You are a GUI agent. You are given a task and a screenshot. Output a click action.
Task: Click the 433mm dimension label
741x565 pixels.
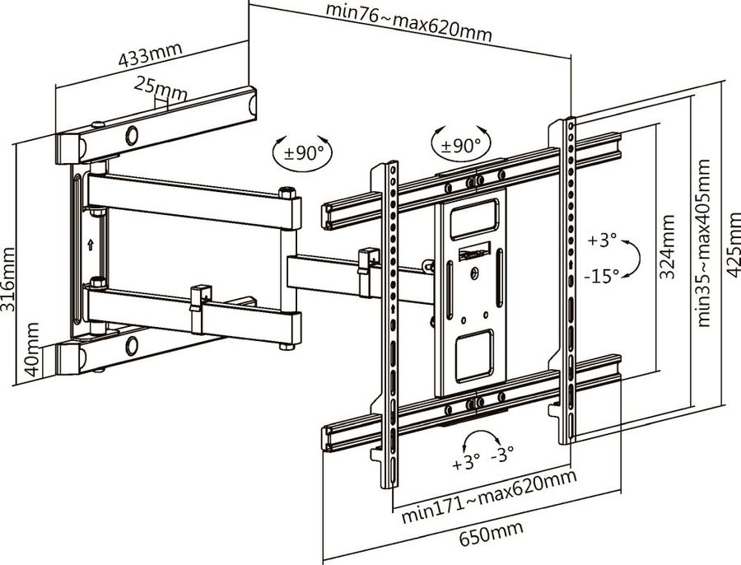151,55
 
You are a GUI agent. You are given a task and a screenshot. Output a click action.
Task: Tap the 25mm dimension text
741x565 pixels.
161,88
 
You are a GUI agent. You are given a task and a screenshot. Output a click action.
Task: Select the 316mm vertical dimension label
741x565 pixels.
7,279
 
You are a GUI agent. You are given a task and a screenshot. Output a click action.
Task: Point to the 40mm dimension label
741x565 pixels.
32,349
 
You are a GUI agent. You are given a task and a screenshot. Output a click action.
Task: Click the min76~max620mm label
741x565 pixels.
409,23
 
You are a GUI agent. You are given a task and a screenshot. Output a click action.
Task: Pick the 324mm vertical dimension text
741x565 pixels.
667,247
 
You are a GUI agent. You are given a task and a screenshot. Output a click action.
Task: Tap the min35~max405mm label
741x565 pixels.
703,243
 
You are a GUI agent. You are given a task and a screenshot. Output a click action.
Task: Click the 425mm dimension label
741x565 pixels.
733,245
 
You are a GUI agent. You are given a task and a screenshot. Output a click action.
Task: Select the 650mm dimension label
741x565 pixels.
492,534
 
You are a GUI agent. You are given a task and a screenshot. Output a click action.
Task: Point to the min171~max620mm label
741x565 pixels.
489,497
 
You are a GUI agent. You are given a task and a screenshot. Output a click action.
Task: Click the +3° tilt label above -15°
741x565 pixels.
603,240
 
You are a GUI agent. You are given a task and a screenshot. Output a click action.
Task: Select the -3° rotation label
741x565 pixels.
502,455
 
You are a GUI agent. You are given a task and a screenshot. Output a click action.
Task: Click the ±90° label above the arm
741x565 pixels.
304,152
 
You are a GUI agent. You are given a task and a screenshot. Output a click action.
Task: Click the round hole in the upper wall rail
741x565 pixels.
132,136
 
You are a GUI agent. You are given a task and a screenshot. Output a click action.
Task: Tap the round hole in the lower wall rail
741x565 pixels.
132,346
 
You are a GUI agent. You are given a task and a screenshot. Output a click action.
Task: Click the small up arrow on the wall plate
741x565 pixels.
91,245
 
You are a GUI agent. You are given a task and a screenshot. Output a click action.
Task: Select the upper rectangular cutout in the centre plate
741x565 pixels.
474,219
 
